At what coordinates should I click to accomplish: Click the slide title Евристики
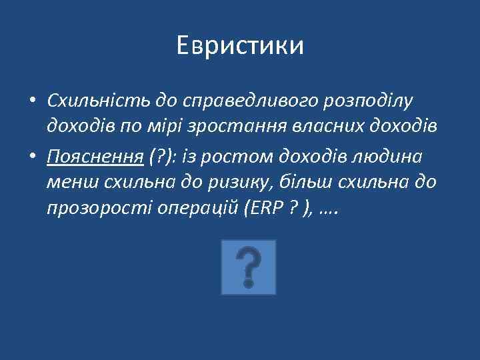coord(240,45)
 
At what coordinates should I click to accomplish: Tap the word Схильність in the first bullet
coord(99,100)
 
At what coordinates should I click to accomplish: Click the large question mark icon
coord(248,268)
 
